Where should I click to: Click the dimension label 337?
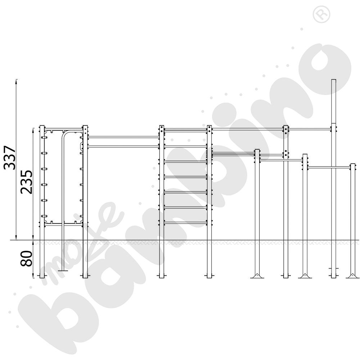[10, 157]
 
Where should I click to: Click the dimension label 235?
[26, 182]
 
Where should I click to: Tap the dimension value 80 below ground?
[26, 258]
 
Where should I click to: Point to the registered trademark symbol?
[321, 15]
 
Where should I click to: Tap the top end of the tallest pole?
[334, 80]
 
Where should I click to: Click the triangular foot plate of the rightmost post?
[353, 276]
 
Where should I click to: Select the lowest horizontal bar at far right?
[329, 167]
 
